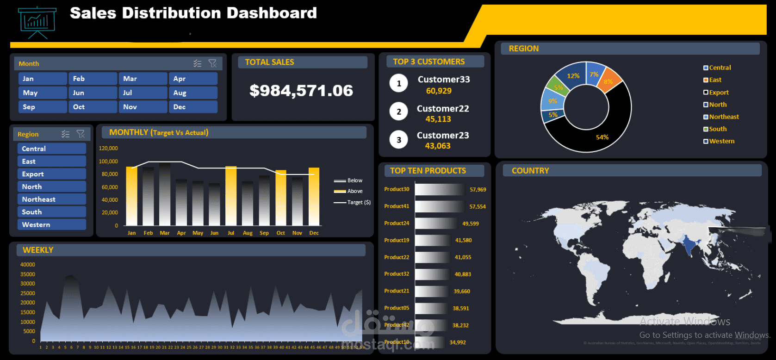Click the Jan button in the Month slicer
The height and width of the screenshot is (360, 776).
(x=43, y=79)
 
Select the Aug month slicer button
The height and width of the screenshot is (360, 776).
(x=192, y=93)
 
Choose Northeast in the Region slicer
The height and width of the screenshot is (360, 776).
(x=51, y=199)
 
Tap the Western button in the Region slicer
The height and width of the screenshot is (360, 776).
(x=51, y=225)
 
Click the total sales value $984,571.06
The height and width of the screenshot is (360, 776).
(x=301, y=91)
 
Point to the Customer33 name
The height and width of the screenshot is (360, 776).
(x=443, y=80)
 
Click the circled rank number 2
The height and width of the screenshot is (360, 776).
(x=398, y=112)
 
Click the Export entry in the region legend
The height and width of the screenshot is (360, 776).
(x=718, y=93)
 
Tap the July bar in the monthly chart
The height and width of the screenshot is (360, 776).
(x=231, y=197)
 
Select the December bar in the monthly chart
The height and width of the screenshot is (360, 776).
(x=314, y=197)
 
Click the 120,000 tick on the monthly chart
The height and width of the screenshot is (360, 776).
(x=108, y=149)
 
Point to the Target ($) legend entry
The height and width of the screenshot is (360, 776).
(x=358, y=202)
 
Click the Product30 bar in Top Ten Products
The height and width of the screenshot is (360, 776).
(x=440, y=189)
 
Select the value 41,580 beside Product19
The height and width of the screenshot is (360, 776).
(x=463, y=241)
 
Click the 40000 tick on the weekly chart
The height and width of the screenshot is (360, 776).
(x=28, y=265)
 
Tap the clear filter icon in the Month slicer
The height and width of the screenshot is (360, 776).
(x=212, y=63)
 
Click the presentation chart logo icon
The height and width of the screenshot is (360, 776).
(x=37, y=22)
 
